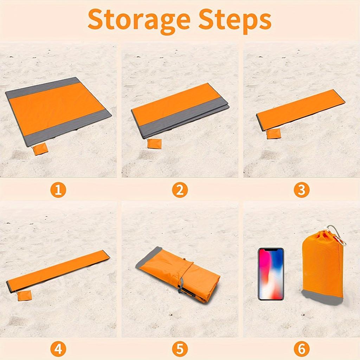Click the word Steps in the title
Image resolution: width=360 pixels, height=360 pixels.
coord(235,20)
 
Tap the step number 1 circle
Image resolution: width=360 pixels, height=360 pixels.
coord(58,190)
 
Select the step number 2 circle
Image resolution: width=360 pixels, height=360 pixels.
coord(180,190)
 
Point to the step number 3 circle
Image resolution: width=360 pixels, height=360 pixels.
coord(301,190)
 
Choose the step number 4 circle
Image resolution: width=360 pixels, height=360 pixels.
coord(58,349)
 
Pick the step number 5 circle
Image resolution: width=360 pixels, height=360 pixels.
coord(180,349)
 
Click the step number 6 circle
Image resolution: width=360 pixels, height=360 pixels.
coord(301,349)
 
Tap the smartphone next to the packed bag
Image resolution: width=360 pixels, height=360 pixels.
coord(271,274)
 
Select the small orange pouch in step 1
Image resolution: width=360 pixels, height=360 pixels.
coord(40,149)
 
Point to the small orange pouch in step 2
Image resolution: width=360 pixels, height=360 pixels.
coord(154,143)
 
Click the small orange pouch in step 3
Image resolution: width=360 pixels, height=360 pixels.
coord(274,134)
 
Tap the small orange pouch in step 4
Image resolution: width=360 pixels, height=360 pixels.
coord(25,295)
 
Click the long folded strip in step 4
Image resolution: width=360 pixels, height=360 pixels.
coord(58,271)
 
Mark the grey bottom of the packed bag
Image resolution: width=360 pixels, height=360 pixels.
coord(322,297)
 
